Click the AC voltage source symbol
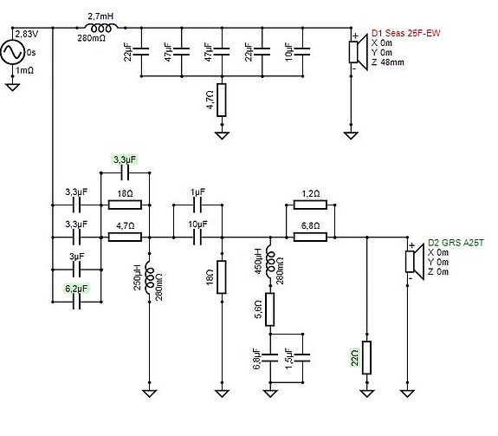12,52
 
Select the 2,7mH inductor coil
101,29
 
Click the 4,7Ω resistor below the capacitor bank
222,100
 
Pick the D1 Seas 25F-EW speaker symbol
358,52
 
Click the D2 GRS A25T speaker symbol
415,262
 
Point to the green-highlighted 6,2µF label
76,289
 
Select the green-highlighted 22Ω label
355,357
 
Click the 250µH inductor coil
149,278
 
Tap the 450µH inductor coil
270,261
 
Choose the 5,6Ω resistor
270,309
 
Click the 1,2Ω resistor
310,205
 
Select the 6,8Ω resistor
310,237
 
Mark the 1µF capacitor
197,205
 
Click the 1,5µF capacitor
302,357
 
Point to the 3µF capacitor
76,270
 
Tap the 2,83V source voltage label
27,34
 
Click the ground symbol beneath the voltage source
12,87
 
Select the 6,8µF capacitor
270,357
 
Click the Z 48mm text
388,62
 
